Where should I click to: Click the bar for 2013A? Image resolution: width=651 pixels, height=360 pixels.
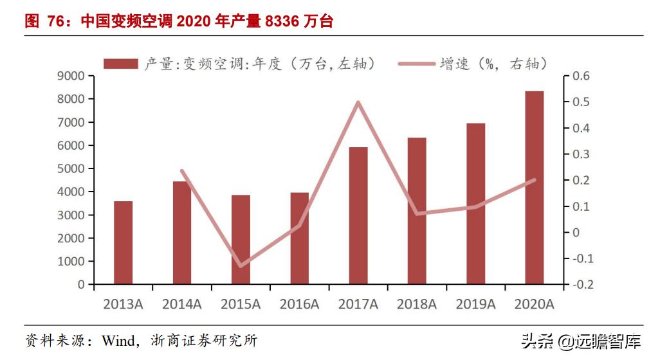[124, 242]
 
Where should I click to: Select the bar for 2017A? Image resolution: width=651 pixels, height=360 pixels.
[358, 215]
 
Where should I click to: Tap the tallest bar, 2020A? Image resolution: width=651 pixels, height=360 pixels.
[534, 187]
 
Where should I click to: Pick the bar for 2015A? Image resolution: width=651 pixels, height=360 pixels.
[241, 239]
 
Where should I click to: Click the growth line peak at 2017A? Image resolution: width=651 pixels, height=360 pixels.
[358, 102]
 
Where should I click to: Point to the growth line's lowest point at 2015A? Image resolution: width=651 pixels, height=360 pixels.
[241, 265]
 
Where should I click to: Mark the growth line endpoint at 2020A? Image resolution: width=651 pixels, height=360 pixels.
[534, 180]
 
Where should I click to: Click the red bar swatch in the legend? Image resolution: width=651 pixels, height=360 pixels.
[120, 63]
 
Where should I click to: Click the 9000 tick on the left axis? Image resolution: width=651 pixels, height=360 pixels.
[72, 76]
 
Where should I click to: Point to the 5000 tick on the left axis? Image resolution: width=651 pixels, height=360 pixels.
[72, 168]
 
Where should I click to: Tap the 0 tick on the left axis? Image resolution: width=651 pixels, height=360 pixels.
[81, 284]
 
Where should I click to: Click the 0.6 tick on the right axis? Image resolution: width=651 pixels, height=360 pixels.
[581, 76]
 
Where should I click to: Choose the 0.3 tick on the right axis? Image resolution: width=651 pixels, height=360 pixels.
[581, 154]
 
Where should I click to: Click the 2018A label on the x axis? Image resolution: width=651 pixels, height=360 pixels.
[417, 304]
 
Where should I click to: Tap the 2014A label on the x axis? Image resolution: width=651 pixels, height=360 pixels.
[182, 304]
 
